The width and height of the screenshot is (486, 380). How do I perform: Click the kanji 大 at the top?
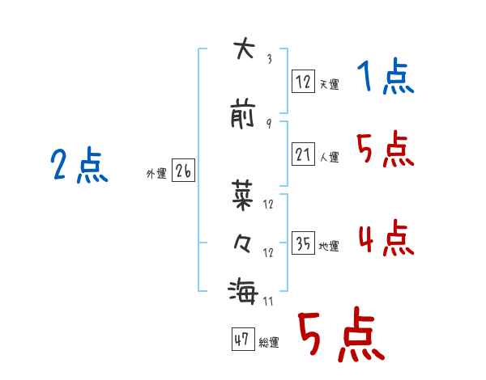(245, 48)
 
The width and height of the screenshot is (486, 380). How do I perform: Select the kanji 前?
(242, 113)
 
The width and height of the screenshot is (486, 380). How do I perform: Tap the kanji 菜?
(242, 196)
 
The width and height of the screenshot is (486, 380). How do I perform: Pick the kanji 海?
(243, 291)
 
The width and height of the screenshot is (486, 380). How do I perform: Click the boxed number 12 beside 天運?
(303, 82)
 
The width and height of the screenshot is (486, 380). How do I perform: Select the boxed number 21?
(303, 154)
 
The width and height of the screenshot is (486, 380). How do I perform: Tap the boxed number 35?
(303, 243)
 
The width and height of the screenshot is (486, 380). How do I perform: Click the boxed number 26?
(183, 171)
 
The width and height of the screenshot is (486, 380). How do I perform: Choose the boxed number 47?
(243, 339)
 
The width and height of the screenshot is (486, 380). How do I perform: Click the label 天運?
(329, 84)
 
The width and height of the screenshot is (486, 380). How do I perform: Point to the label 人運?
(329, 157)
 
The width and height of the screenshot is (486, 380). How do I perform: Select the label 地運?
(329, 246)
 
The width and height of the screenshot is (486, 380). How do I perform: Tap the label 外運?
(156, 174)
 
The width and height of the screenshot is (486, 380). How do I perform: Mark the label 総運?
(269, 342)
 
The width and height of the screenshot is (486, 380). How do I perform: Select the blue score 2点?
(79, 165)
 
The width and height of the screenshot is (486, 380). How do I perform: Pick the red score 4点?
(386, 238)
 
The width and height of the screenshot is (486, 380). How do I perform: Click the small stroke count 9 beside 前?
(269, 124)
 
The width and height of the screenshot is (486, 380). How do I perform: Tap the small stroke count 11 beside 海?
(268, 302)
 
